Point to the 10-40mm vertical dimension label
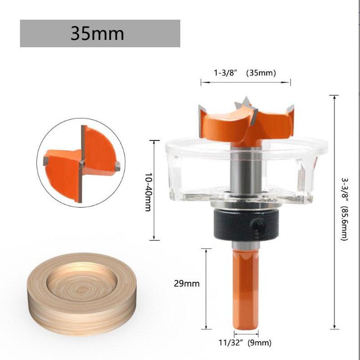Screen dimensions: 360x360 click(147, 189)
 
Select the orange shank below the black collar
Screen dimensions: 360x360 click(245, 288)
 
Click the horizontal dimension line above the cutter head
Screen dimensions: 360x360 click(246, 82)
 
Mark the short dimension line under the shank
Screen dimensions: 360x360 click(245, 333)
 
